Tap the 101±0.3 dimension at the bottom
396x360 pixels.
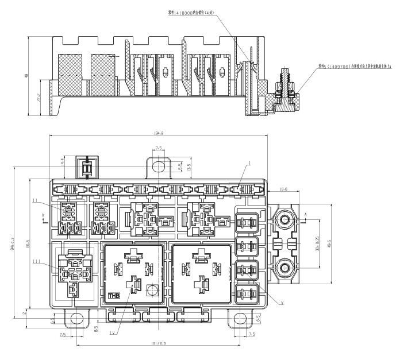pyautogui.click(x=156, y=344)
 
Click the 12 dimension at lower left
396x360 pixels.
pyautogui.click(x=24, y=313)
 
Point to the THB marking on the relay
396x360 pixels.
pyautogui.click(x=113, y=297)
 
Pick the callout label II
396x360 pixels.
pyautogui.click(x=36, y=200)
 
